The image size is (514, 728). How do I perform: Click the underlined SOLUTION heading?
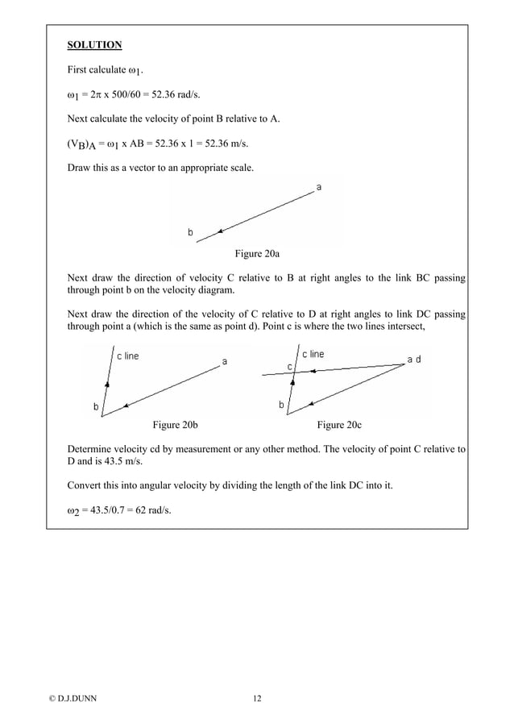(x=93, y=44)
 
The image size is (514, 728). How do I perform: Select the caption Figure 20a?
(x=256, y=254)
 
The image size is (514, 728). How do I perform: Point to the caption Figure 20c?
(x=339, y=424)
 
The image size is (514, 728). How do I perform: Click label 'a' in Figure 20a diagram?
(x=320, y=188)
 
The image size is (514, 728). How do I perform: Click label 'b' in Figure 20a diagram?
(x=191, y=232)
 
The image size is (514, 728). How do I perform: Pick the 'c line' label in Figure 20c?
(x=313, y=354)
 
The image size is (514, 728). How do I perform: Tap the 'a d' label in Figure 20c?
(x=413, y=360)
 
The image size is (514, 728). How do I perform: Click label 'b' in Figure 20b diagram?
(x=96, y=407)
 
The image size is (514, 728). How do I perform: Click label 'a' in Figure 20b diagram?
(x=225, y=362)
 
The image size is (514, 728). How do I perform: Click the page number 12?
(x=256, y=698)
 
